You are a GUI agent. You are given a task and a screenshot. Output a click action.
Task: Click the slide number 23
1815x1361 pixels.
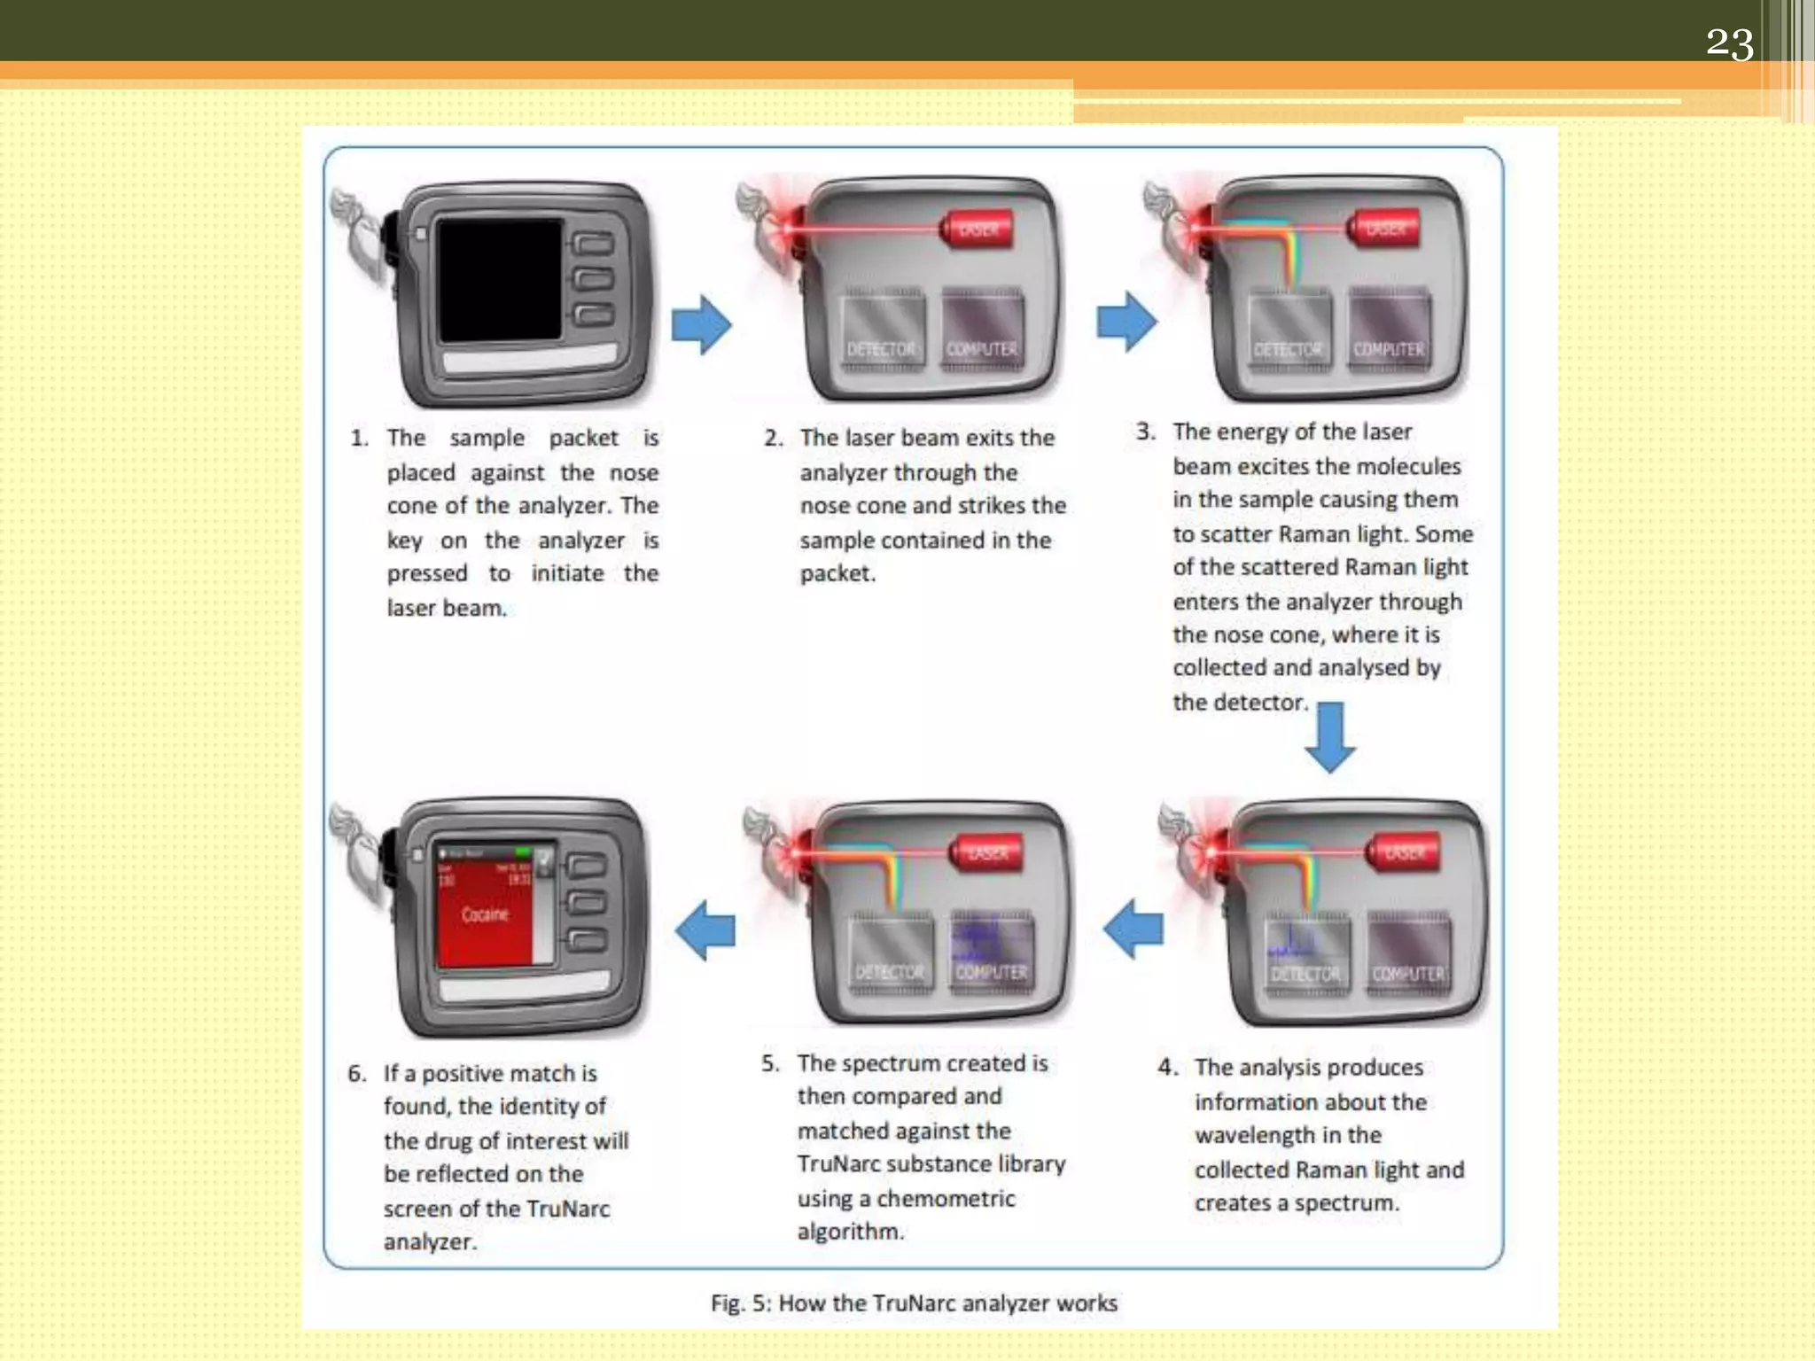pos(1729,43)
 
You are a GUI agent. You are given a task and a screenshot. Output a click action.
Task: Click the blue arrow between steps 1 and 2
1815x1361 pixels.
pos(701,324)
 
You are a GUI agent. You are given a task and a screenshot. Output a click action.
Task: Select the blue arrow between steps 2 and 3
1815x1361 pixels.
pos(1126,321)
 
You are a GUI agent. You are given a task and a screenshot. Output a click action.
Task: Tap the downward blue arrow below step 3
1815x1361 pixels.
pos(1330,736)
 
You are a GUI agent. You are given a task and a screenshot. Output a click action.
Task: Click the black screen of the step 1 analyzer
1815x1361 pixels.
pos(500,280)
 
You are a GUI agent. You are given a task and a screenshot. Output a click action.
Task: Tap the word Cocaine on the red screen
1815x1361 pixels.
pos(485,914)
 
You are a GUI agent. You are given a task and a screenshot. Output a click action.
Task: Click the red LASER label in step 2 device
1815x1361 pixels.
pos(978,230)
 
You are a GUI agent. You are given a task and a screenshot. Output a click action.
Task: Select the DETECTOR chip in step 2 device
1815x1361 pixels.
pos(882,329)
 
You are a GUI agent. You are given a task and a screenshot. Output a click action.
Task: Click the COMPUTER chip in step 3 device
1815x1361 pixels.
pos(1388,329)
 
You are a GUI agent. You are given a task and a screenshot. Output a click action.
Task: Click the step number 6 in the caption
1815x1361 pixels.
pos(356,1074)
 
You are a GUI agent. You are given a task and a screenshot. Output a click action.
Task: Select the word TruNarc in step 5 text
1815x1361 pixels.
pos(837,1164)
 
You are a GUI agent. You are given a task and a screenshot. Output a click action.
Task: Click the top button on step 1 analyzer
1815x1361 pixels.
pos(593,245)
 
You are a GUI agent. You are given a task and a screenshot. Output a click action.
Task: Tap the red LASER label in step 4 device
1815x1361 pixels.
pos(1405,852)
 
